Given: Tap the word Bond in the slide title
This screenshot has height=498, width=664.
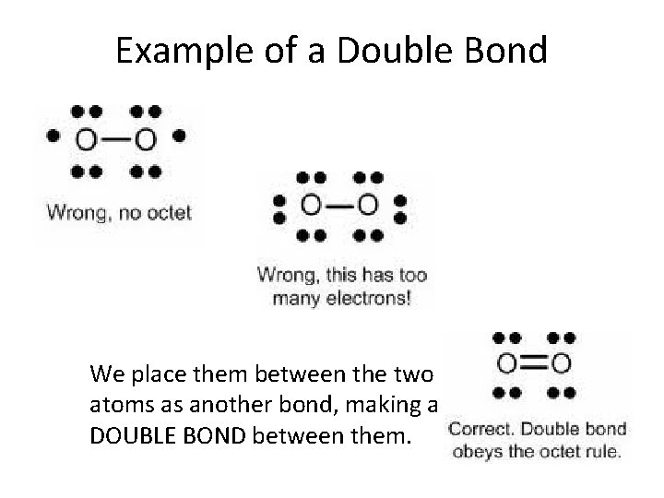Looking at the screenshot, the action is click(504, 50).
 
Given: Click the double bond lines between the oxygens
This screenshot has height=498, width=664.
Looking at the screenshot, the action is click(534, 363).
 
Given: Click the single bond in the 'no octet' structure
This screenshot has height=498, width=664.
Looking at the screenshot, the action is click(114, 140).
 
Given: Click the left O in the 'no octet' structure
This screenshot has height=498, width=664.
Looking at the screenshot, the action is click(85, 140).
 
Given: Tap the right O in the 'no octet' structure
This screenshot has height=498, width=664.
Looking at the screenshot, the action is click(144, 140).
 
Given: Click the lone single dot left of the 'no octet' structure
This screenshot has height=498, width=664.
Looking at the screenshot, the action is click(53, 135).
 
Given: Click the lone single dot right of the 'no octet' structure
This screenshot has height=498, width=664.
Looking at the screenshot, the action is click(178, 135).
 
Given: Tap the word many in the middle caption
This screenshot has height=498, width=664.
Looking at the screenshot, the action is click(295, 299).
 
